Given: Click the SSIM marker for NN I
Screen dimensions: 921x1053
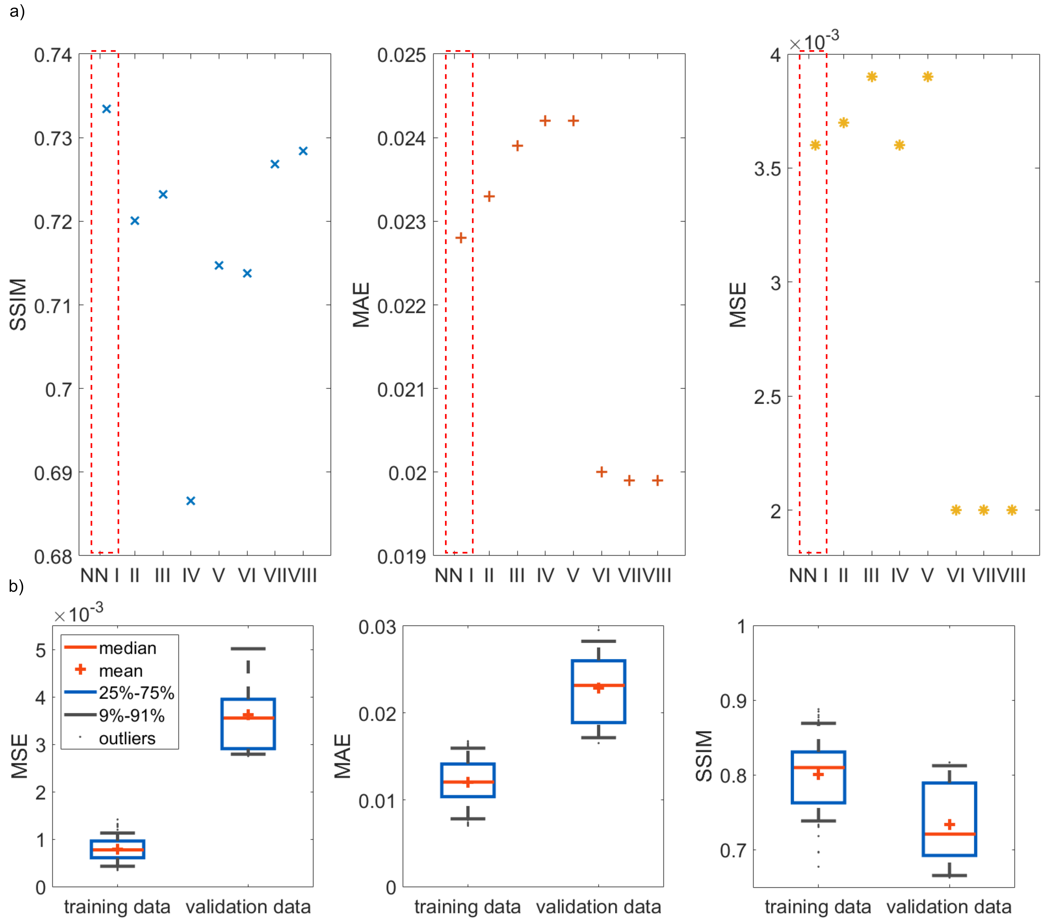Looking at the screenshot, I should pyautogui.click(x=106, y=109).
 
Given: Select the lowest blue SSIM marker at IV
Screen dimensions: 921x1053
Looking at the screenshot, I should pyautogui.click(x=191, y=501).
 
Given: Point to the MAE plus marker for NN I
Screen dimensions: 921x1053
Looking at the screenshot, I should pyautogui.click(x=461, y=237).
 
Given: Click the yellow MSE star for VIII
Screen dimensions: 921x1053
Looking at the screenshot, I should pyautogui.click(x=1012, y=510).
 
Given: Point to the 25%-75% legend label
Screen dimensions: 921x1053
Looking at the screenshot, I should pyautogui.click(x=137, y=693).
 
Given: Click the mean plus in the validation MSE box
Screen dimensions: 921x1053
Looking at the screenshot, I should pyautogui.click(x=248, y=715).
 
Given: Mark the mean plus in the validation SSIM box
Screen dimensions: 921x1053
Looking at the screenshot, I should pyautogui.click(x=950, y=824).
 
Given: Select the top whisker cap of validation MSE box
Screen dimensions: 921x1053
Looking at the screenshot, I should pyautogui.click(x=248, y=649).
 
